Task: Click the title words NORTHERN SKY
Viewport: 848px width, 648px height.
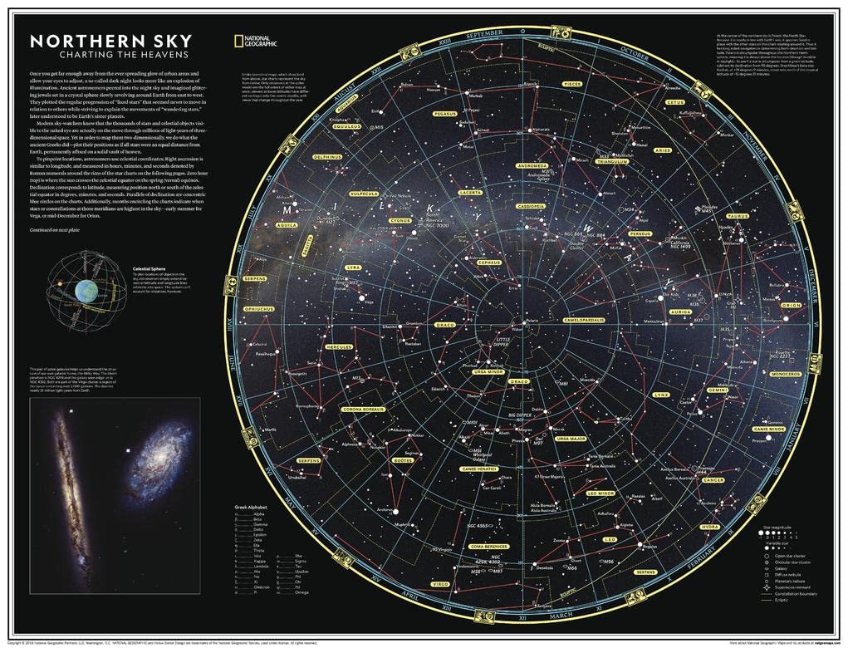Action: pos(110,41)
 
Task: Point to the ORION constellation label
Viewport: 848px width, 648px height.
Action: pos(790,305)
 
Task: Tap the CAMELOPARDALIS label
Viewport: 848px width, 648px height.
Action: pos(587,319)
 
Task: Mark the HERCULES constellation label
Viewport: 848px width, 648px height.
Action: pos(340,346)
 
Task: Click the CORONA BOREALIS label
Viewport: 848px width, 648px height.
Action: pos(359,409)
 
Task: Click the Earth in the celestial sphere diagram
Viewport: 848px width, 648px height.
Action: pos(86,290)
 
